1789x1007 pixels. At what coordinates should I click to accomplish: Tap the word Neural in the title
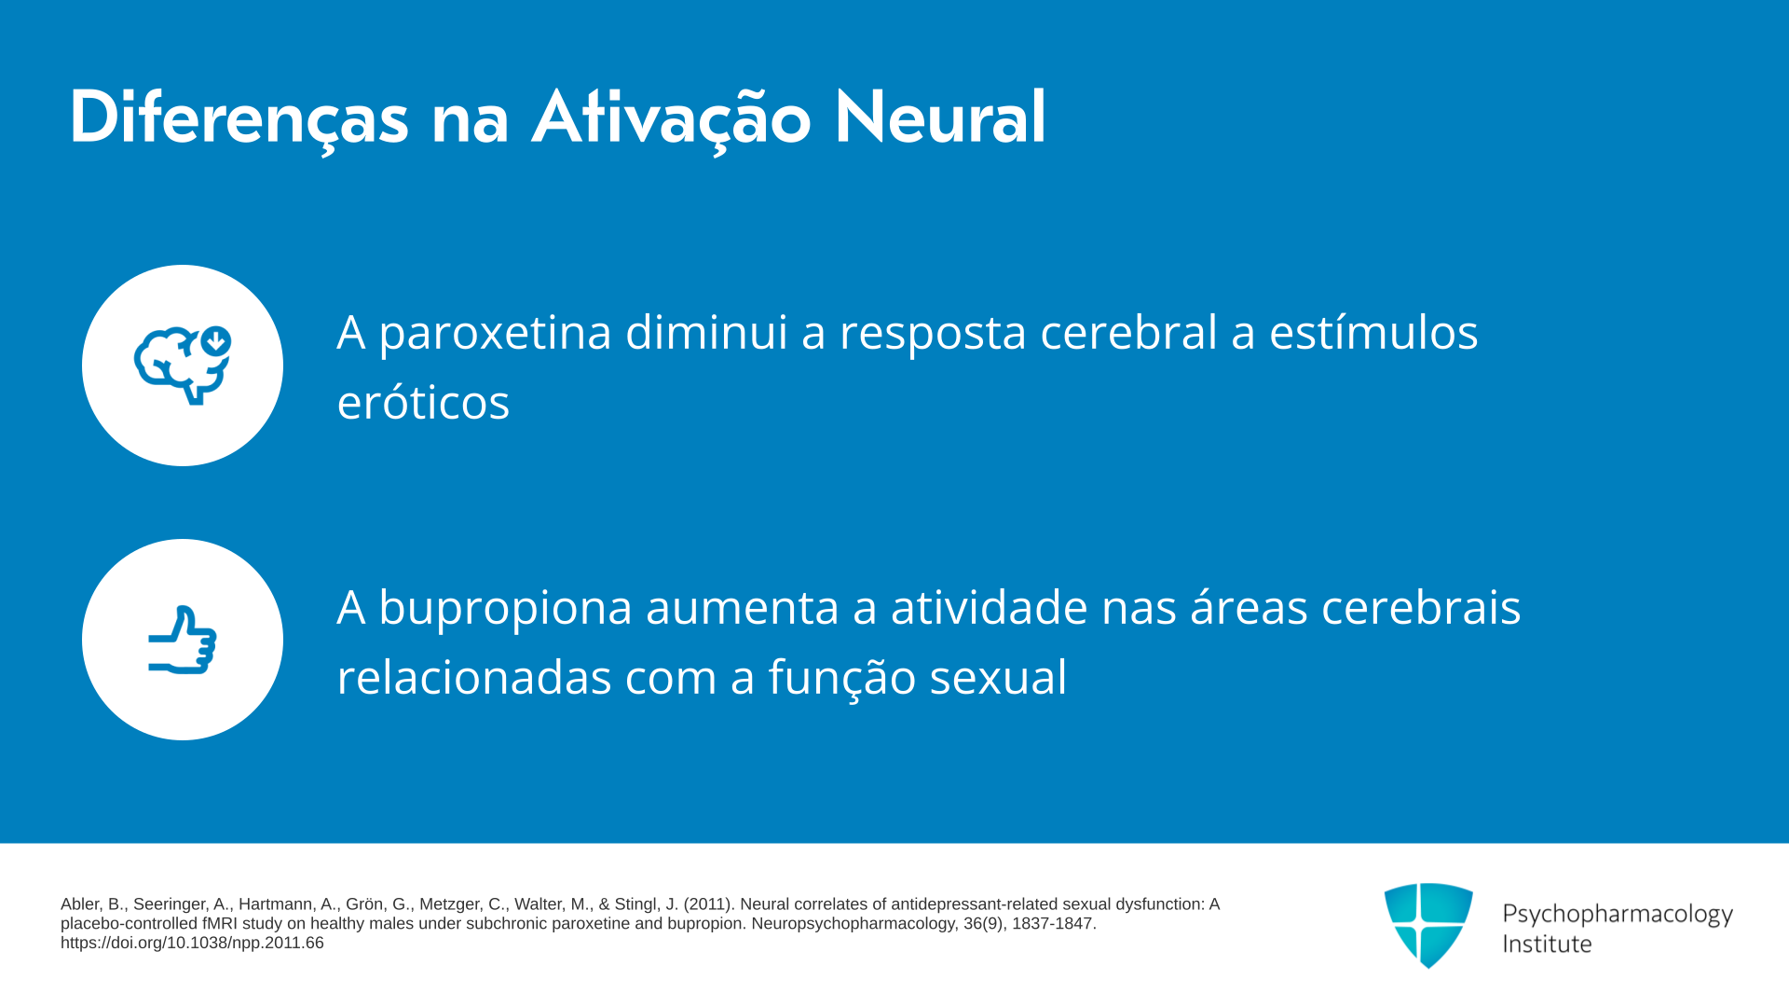point(939,117)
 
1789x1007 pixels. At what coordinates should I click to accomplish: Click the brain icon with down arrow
point(183,366)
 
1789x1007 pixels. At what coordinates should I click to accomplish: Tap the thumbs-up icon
point(183,640)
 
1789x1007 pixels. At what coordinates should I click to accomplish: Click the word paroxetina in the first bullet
point(495,334)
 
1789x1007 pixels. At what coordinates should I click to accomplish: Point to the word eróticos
point(423,402)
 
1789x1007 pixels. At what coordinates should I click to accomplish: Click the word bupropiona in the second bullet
point(506,609)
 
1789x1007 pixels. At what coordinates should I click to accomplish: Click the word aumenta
point(743,608)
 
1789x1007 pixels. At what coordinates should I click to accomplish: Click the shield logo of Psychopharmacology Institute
point(1428,926)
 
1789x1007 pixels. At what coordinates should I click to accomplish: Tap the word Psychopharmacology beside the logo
point(1618,915)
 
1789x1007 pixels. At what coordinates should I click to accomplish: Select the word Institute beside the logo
point(1547,944)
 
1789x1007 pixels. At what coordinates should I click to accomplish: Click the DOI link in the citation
point(192,943)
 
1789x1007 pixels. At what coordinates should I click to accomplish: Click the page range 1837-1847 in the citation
point(1054,924)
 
